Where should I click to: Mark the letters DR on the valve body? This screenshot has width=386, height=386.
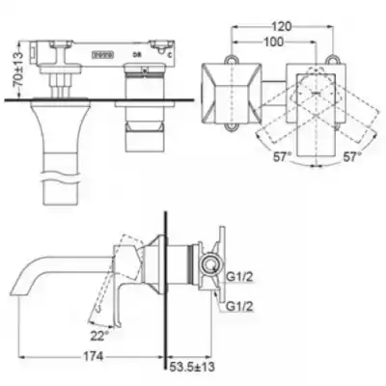coord(138,56)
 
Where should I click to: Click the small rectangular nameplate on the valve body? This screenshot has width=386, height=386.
coord(99,55)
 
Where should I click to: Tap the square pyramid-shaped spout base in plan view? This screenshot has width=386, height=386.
coord(230,93)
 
